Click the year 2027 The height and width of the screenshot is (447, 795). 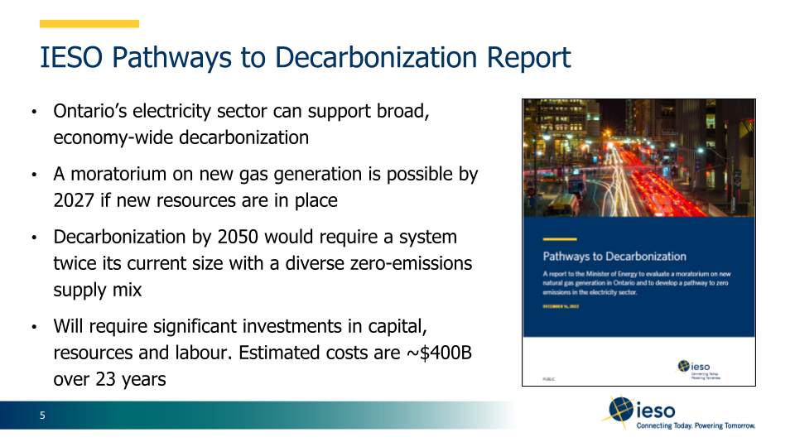(x=75, y=200)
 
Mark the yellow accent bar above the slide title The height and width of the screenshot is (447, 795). (x=89, y=24)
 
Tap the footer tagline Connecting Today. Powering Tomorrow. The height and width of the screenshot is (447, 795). (x=696, y=426)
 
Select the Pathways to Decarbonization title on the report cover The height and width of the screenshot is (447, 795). (x=614, y=257)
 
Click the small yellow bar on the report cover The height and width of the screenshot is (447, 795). (x=559, y=238)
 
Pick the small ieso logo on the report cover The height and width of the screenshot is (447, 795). (x=694, y=367)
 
